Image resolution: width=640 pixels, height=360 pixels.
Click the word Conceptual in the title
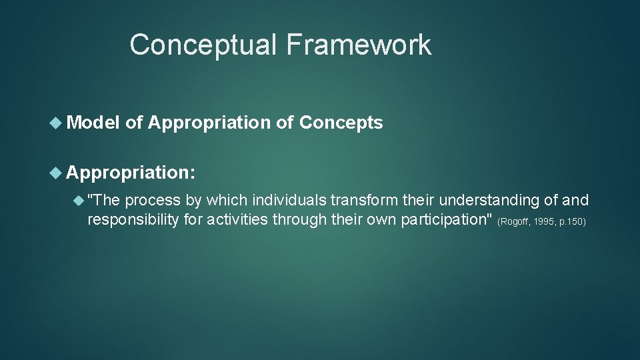203,45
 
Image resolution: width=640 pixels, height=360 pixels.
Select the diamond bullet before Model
57,123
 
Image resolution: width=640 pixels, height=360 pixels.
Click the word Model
93,123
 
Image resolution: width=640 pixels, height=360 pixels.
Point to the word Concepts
341,123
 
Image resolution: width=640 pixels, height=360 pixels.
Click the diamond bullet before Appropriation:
57,173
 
